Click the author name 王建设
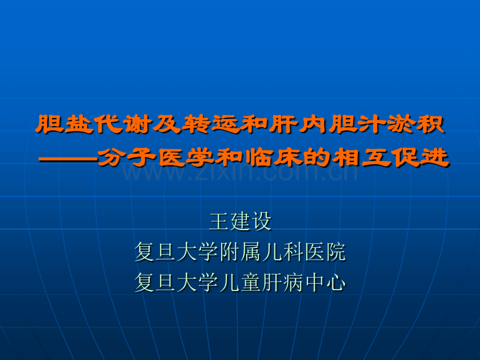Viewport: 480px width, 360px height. pyautogui.click(x=241, y=221)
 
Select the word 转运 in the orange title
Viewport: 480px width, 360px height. pyautogui.click(x=211, y=124)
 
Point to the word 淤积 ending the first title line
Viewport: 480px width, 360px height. pyautogui.click(x=416, y=124)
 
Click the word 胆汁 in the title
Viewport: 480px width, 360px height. pyautogui.click(x=357, y=124)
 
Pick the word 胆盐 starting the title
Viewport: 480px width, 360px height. pyautogui.click(x=64, y=124)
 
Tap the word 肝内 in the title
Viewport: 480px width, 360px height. pyautogui.click(x=299, y=124)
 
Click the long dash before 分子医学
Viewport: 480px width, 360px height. pyautogui.click(x=68, y=159)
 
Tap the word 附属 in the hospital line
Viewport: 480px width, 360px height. pyautogui.click(x=241, y=252)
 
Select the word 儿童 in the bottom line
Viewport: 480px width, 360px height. pyautogui.click(x=241, y=282)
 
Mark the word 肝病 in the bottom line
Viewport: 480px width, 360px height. pyautogui.click(x=283, y=282)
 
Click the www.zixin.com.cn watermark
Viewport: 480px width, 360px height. pyautogui.click(x=239, y=172)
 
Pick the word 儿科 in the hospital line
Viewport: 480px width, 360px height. pyautogui.click(x=283, y=252)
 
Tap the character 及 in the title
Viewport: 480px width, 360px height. pyautogui.click(x=167, y=124)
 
